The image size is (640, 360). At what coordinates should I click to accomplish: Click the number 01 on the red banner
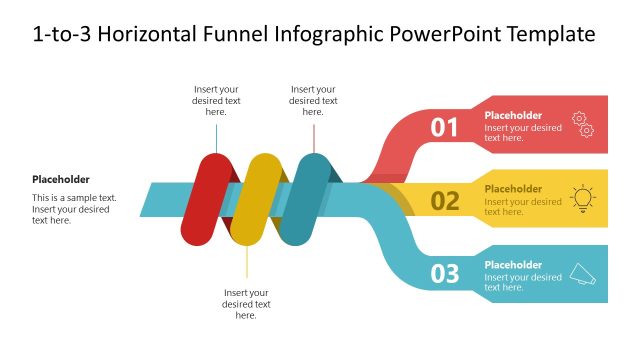point(444,127)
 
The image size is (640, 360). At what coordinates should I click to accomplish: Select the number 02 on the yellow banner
point(444,201)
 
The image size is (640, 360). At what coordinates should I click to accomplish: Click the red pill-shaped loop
point(207,199)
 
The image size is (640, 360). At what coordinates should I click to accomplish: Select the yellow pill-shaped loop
point(255,199)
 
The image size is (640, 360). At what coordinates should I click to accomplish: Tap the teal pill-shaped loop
point(303,199)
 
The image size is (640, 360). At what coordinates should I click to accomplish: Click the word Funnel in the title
point(225,35)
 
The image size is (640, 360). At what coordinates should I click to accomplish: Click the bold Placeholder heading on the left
point(61,180)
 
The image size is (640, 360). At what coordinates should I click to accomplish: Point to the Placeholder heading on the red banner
point(513,115)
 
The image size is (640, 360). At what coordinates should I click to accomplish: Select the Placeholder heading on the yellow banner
point(513,189)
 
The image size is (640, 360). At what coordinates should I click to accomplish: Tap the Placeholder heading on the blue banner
point(513,265)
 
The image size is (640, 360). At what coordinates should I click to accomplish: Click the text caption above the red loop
point(216,100)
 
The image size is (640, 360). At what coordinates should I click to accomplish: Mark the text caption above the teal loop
point(313,100)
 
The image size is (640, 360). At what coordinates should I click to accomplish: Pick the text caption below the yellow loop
point(247,304)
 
